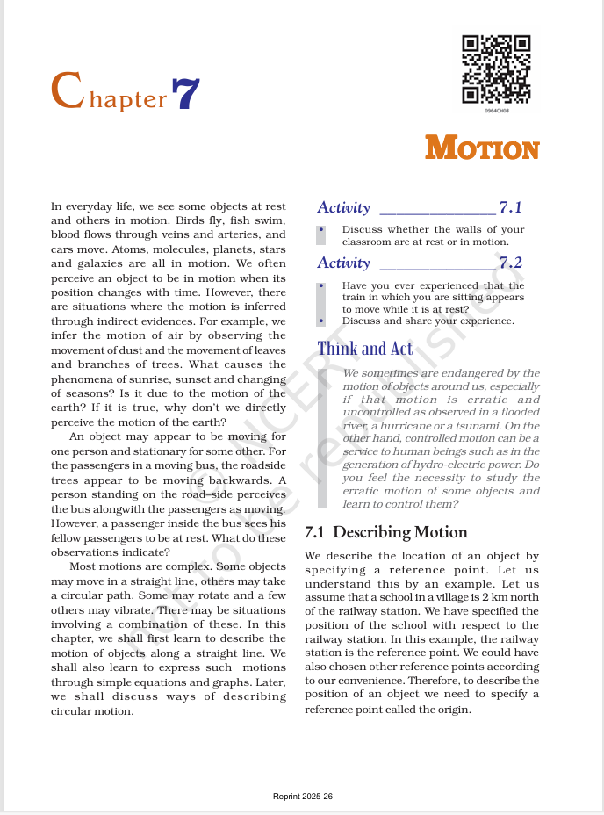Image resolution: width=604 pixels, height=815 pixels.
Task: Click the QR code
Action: pyautogui.click(x=496, y=69)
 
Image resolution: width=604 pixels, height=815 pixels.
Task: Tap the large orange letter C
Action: pyautogui.click(x=67, y=91)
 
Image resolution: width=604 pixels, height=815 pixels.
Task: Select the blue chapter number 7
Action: pyautogui.click(x=186, y=94)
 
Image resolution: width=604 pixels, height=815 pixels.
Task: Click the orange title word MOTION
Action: pyautogui.click(x=482, y=148)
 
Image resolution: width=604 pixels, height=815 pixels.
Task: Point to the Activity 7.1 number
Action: pyautogui.click(x=510, y=208)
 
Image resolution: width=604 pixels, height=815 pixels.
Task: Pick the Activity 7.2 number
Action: pyautogui.click(x=510, y=263)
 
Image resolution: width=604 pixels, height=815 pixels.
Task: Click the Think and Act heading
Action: pyautogui.click(x=364, y=349)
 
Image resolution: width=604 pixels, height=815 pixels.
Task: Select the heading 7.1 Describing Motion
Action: pyautogui.click(x=385, y=532)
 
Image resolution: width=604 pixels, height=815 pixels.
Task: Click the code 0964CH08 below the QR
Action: pyautogui.click(x=496, y=111)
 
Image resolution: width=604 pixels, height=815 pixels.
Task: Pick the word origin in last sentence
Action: pyautogui.click(x=454, y=710)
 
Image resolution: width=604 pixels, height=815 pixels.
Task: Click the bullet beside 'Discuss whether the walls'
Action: pyautogui.click(x=322, y=230)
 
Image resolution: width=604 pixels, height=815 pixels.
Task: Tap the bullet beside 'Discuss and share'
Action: pyautogui.click(x=322, y=321)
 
